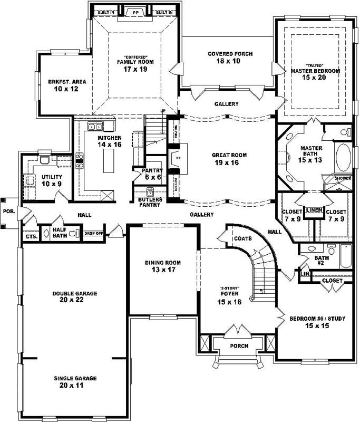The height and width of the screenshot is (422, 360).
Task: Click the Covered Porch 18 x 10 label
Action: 230,57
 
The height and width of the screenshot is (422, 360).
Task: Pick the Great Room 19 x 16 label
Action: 229,159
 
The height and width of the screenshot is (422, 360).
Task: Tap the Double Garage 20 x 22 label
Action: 74,296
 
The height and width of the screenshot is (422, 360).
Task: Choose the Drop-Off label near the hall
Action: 93,233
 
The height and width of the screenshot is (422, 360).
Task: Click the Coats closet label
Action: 243,238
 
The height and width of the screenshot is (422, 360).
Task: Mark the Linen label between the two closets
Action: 314,210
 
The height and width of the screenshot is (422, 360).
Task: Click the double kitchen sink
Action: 95,127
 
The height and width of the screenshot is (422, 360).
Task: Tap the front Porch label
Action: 239,346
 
